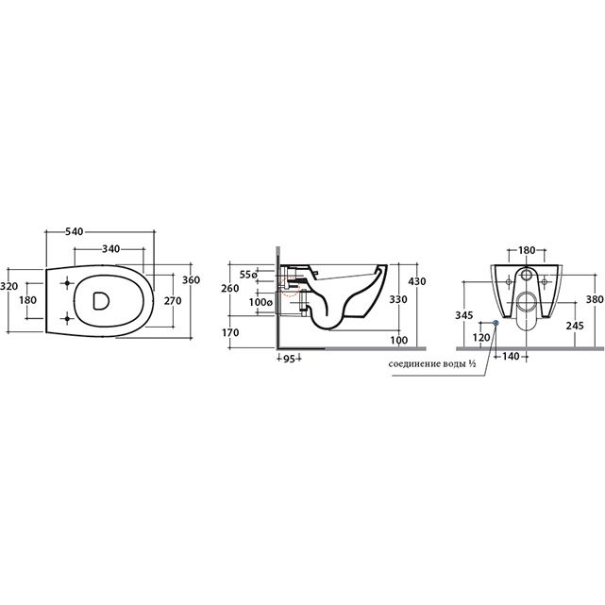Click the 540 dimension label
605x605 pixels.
click(x=74, y=231)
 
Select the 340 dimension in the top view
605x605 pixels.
click(x=110, y=249)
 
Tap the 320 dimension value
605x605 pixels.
click(x=8, y=286)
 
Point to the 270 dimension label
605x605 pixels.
click(x=173, y=300)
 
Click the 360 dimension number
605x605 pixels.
click(x=191, y=279)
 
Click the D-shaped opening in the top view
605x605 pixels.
click(x=101, y=300)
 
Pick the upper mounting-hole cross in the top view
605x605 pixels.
click(x=68, y=283)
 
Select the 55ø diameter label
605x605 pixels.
click(x=248, y=275)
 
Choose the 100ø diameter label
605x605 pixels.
click(x=260, y=302)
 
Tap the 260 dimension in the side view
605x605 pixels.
click(x=230, y=288)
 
